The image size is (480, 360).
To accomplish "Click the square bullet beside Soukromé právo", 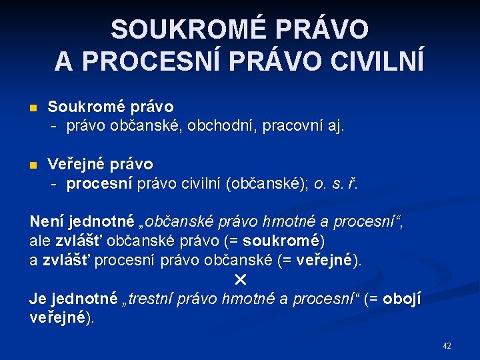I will [34, 107].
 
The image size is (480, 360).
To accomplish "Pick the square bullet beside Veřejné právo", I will [34, 165].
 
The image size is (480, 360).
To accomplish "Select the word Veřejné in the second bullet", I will [75, 164].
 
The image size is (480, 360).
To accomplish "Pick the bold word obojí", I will [402, 298].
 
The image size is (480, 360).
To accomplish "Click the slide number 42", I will [447, 346].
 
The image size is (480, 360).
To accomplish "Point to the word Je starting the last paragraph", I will [37, 298].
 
